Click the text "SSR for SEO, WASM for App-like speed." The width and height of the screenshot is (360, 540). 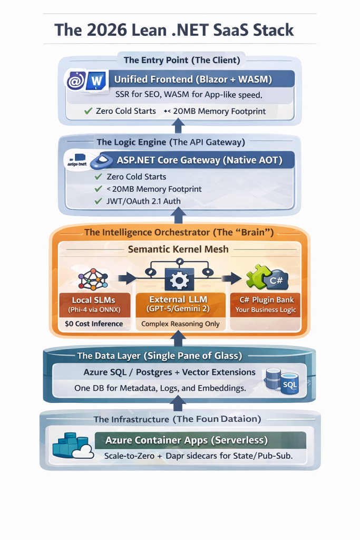[189, 95]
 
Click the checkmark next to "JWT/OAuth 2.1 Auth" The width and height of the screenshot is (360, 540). [98, 201]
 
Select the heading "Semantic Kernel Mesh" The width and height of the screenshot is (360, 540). [178, 249]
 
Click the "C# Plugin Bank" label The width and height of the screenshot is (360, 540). [266, 300]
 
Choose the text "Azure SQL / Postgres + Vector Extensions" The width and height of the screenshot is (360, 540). [170, 372]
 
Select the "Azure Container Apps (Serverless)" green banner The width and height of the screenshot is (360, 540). [187, 440]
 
